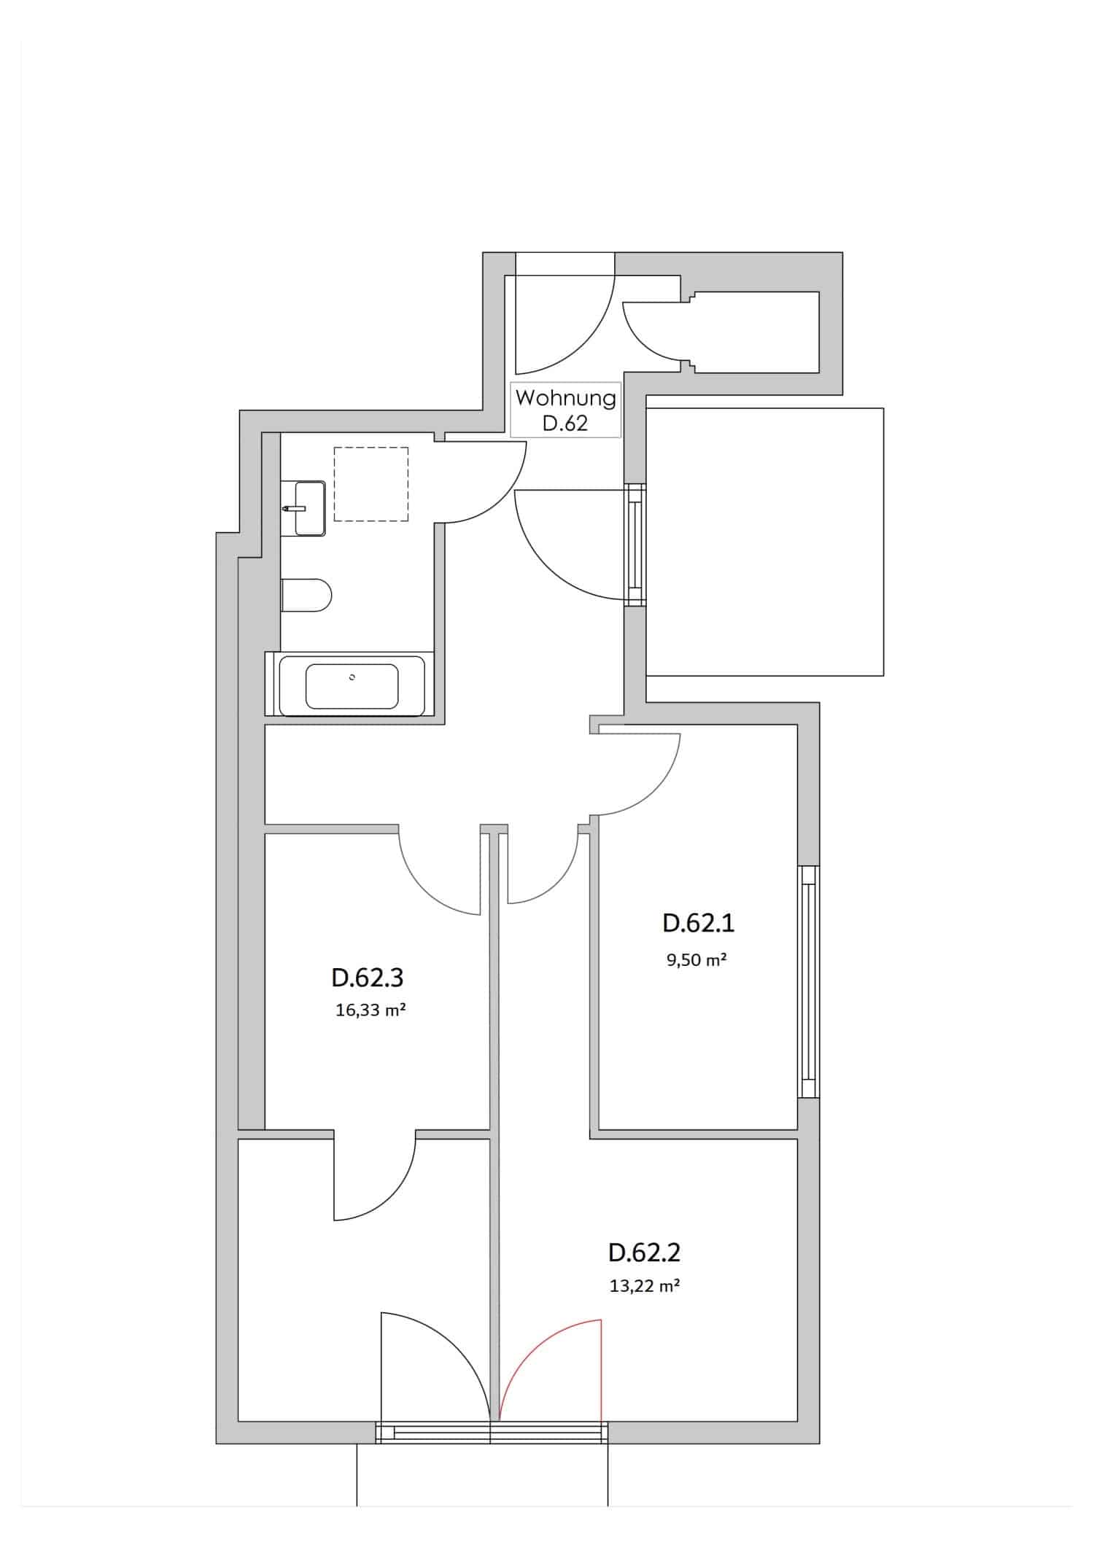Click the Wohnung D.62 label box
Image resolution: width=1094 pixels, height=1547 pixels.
coord(565,410)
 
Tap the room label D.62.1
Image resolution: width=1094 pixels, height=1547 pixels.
coord(698,923)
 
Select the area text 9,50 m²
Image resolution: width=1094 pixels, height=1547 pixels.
coord(696,959)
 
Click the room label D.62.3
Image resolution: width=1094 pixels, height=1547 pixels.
coord(367,977)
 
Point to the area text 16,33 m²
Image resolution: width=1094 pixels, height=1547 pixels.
coord(370,1010)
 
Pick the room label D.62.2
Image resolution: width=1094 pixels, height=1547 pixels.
coord(644,1252)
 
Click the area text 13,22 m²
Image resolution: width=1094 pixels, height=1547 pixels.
coord(644,1286)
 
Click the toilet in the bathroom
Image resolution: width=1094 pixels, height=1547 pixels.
coord(306,596)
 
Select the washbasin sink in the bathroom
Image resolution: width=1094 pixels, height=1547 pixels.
coord(309,507)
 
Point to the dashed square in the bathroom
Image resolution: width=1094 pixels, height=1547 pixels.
coord(371,484)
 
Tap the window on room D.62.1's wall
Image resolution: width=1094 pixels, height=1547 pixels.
coord(807,981)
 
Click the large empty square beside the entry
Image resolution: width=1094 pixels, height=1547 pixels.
coord(764,541)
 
